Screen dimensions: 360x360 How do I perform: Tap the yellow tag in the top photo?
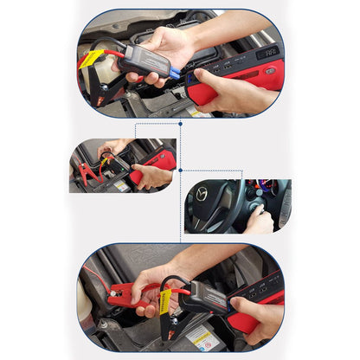pos(91,59)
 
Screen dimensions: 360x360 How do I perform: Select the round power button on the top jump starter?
pos(269,71)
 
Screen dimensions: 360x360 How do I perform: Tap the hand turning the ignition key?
pos(259,220)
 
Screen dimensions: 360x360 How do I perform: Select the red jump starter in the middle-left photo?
pos(157,162)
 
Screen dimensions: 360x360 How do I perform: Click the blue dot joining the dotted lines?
pos(180,171)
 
